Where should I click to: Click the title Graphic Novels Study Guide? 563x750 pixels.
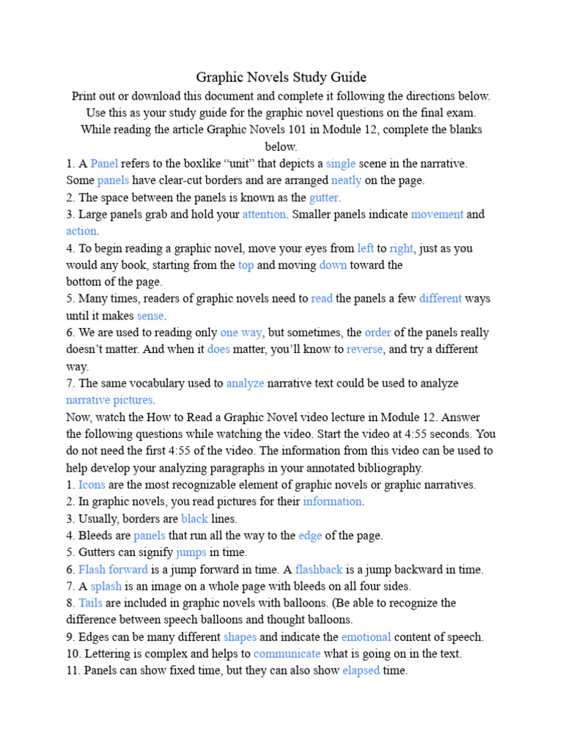point(281,78)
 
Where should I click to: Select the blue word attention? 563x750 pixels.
point(265,215)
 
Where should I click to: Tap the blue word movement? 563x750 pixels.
point(437,215)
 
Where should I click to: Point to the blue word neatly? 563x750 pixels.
point(346,180)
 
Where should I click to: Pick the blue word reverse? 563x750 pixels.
point(364,349)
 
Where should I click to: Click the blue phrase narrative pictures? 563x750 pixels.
point(109,400)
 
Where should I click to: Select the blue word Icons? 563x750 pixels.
point(92,484)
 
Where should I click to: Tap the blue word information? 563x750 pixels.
point(333,502)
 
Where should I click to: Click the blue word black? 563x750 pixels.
point(195,519)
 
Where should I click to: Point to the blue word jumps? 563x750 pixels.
point(191,552)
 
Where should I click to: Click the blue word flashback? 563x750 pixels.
point(319,569)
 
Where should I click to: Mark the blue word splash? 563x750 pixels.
point(106,586)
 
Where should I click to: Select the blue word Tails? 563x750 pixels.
point(90,603)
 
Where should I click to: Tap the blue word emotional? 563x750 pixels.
point(366,636)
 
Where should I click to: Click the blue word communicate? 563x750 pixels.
point(287,653)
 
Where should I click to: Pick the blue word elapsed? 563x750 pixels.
point(361,670)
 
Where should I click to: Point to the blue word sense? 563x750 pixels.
point(150,316)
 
